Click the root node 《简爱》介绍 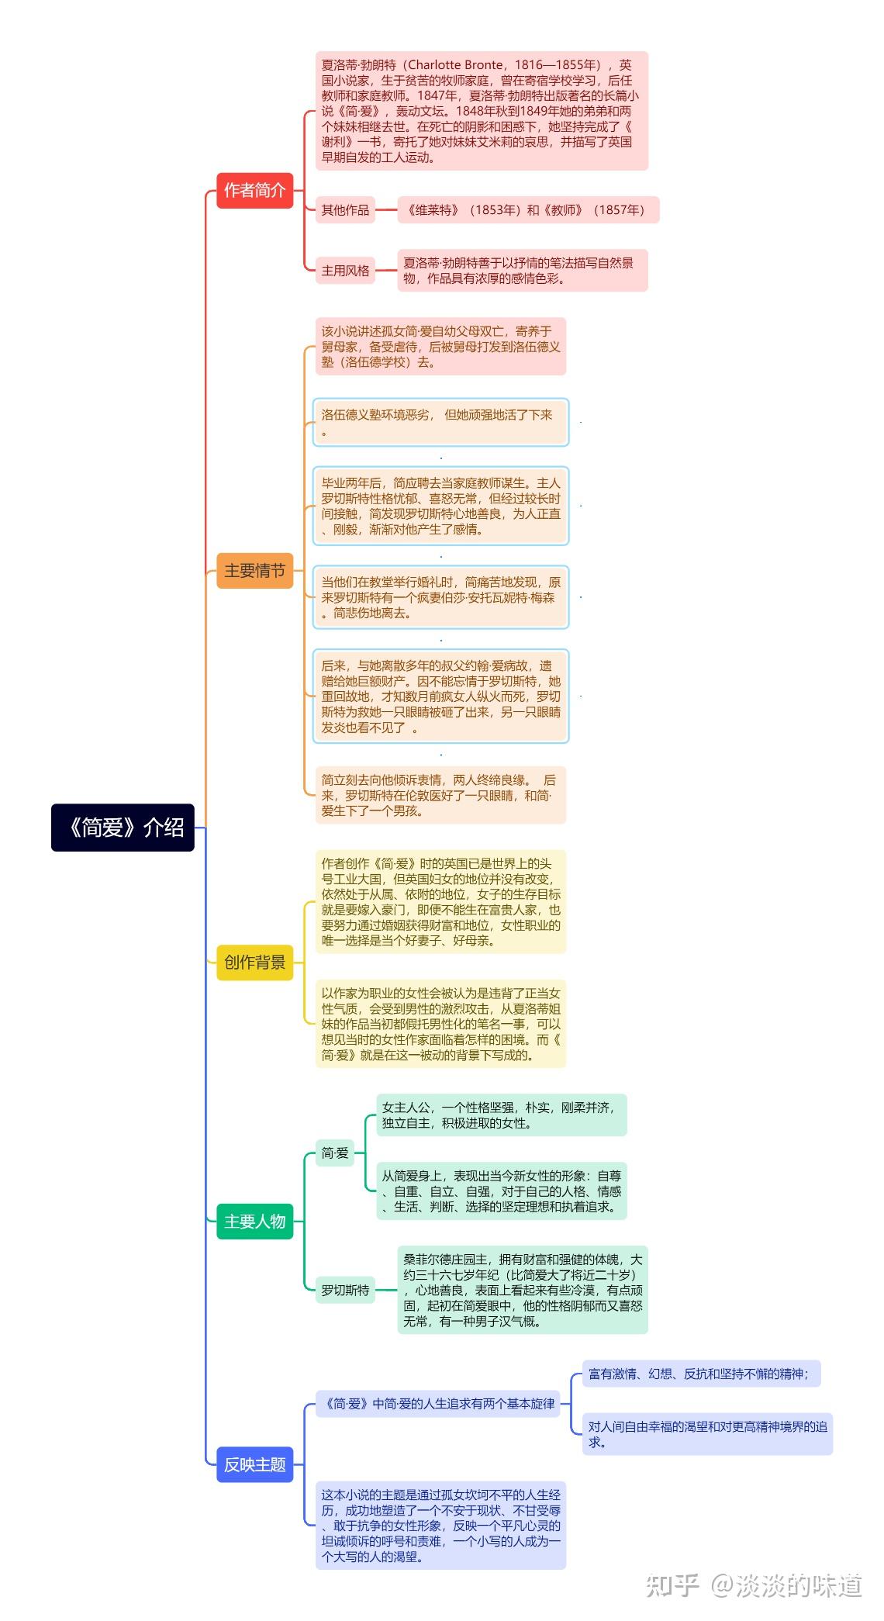pos(123,828)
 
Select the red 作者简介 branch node pos(254,190)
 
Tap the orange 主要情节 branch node pos(254,571)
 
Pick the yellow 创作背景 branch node pos(254,963)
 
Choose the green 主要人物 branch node pos(254,1222)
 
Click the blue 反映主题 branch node pos(254,1464)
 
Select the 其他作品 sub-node pos(345,210)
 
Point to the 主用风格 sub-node pos(345,271)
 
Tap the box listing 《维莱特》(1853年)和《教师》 pos(527,210)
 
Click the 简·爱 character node pos(335,1153)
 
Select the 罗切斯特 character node pos(345,1290)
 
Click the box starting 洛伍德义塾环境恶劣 pos(440,422)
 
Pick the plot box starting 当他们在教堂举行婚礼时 pos(440,597)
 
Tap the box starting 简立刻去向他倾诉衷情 pos(440,795)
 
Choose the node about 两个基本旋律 pos(439,1403)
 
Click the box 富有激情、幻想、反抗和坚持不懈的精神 pos(700,1374)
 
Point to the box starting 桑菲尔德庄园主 pos(522,1290)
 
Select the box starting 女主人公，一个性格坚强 pos(501,1115)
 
